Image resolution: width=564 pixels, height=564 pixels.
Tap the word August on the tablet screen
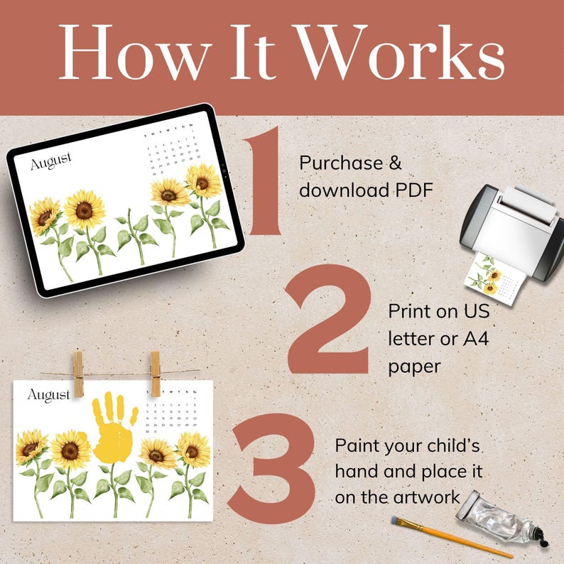(x=50, y=162)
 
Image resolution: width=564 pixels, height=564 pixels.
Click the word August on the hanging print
(x=48, y=394)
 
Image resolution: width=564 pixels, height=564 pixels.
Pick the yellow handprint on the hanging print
(x=114, y=426)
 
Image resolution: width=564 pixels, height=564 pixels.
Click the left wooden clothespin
(x=78, y=373)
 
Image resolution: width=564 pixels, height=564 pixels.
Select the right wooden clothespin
(x=155, y=373)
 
